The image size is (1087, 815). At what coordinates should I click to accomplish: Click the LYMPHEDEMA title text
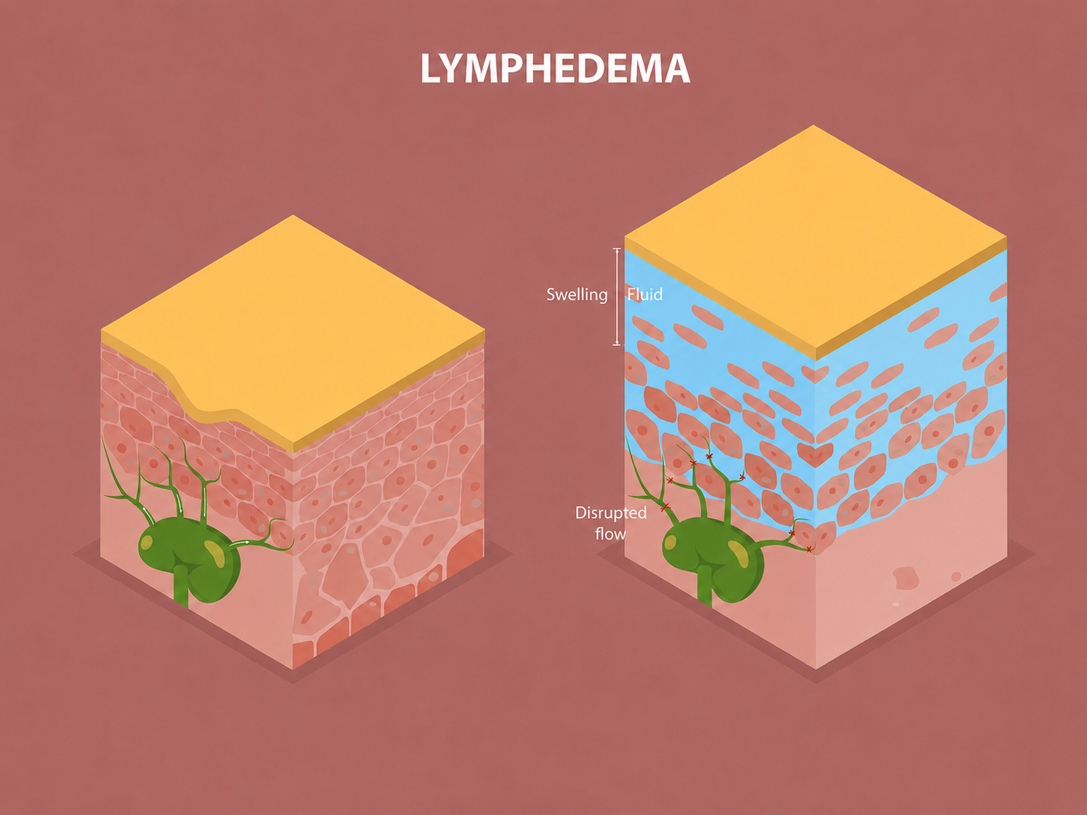coord(556,68)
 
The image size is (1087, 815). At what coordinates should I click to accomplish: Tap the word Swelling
coord(577,295)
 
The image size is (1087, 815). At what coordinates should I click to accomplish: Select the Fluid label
coord(645,294)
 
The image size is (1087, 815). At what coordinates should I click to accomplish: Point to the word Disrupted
coord(610,513)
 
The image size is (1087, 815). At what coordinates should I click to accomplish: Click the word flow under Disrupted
coord(610,534)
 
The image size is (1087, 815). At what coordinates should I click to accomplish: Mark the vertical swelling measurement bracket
coord(617,296)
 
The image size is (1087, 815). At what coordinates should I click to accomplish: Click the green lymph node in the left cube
coord(189,558)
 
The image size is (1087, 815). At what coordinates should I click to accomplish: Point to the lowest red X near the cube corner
coord(809,549)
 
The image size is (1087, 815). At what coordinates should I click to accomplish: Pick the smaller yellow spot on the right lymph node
coord(670,543)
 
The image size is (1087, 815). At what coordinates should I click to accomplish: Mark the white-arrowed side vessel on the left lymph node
coord(260,540)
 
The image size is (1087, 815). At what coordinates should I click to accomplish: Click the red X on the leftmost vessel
coord(664,507)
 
